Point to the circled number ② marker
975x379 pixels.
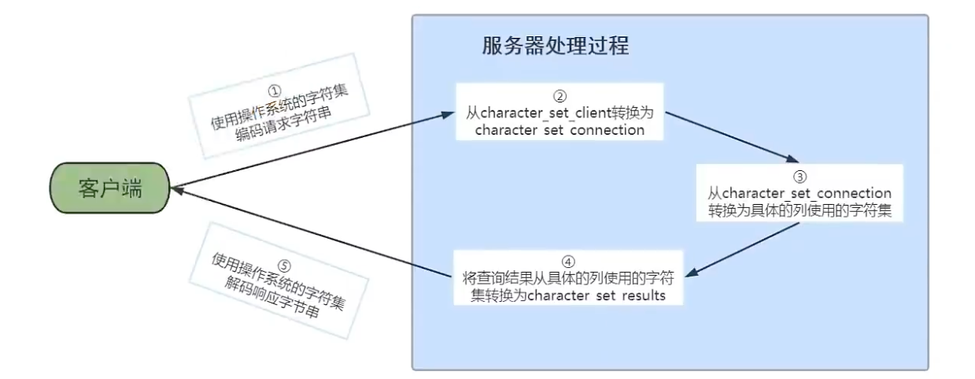[560, 96]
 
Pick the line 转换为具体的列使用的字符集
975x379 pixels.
[798, 211]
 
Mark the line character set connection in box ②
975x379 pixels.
[560, 130]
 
